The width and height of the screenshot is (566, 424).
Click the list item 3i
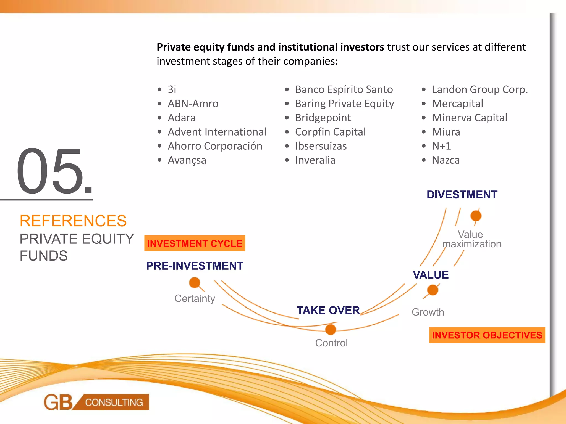[x=172, y=89]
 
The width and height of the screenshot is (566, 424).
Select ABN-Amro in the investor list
[x=193, y=104]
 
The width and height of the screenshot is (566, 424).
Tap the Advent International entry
[x=217, y=132]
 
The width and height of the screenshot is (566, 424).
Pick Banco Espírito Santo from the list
[x=344, y=89]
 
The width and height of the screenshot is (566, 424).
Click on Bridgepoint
[x=323, y=118]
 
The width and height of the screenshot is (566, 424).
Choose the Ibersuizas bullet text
[x=321, y=146]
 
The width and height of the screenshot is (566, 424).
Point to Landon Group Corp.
[x=480, y=89]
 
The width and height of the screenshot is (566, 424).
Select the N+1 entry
[x=441, y=146]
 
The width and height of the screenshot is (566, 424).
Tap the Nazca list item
[x=446, y=160]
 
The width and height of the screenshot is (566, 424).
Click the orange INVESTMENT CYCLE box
[x=195, y=243]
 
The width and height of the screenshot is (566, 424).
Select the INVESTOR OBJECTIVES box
[x=487, y=335]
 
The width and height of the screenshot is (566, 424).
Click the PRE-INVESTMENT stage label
[x=195, y=266]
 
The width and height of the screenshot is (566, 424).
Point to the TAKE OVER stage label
[x=328, y=311]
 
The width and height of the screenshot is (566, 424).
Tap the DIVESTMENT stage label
[x=462, y=195]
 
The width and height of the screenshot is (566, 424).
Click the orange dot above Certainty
[x=195, y=283]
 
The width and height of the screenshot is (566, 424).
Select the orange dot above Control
[x=331, y=329]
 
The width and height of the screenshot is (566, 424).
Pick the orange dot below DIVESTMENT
[x=476, y=216]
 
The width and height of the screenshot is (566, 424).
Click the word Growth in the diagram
[x=428, y=312]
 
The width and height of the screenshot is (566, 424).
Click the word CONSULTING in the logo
[x=114, y=402]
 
